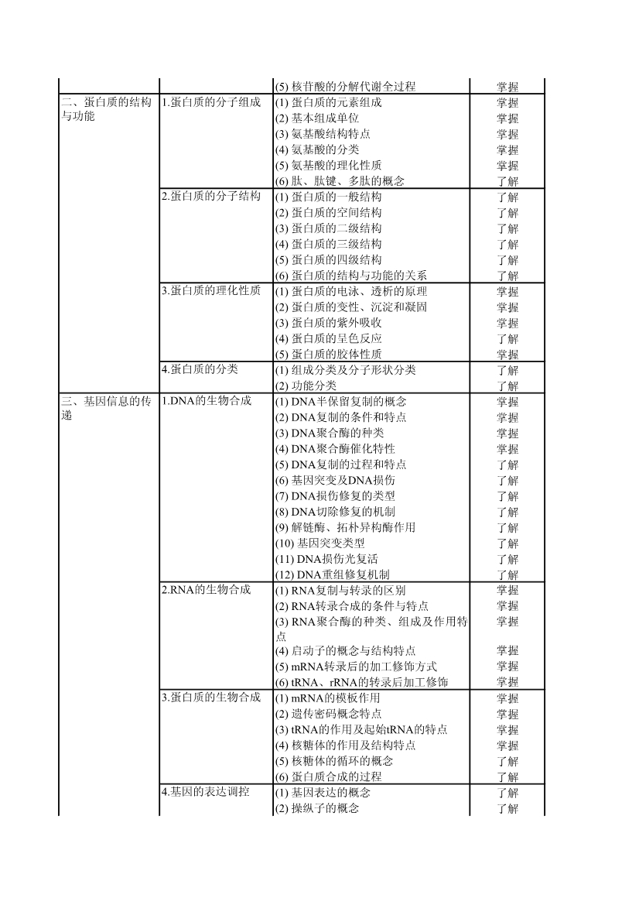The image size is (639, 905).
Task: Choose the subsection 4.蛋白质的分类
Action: pos(200,369)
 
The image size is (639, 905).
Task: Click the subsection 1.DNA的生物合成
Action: pos(207,401)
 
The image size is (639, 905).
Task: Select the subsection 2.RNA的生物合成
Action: pos(207,590)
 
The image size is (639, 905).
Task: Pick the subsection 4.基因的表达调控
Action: pos(206,792)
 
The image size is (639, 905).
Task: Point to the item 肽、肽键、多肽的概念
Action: pos(347,181)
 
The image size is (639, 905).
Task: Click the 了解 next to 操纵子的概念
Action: pos(507,809)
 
